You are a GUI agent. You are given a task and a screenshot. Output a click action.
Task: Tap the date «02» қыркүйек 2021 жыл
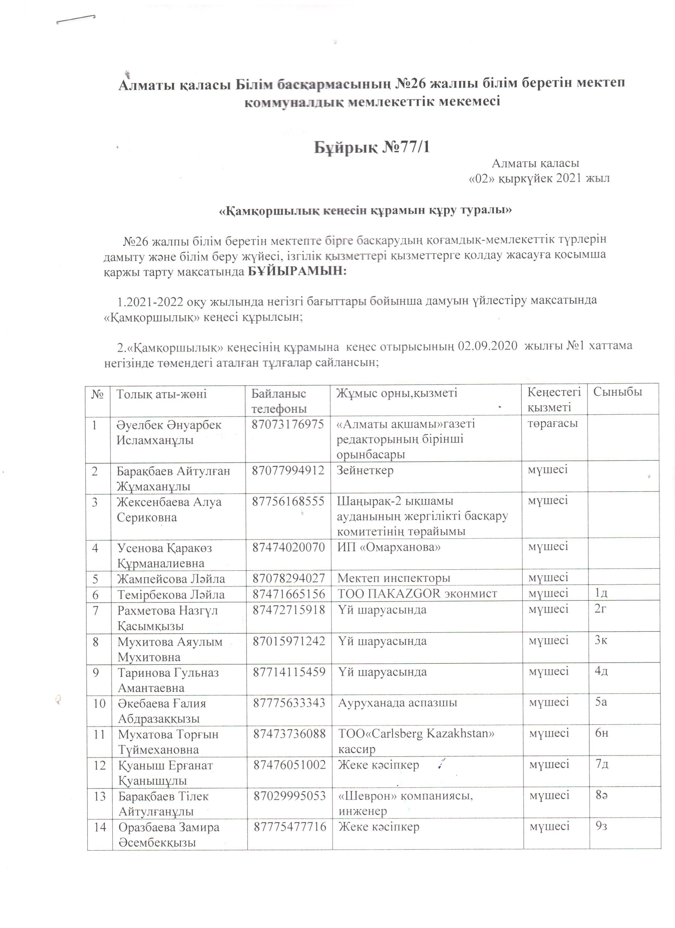(539, 178)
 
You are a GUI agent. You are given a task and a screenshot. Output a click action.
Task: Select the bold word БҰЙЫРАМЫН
(297, 271)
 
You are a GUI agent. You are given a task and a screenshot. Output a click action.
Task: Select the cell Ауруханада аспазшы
(398, 703)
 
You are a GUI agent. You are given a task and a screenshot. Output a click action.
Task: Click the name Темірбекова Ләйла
(171, 594)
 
